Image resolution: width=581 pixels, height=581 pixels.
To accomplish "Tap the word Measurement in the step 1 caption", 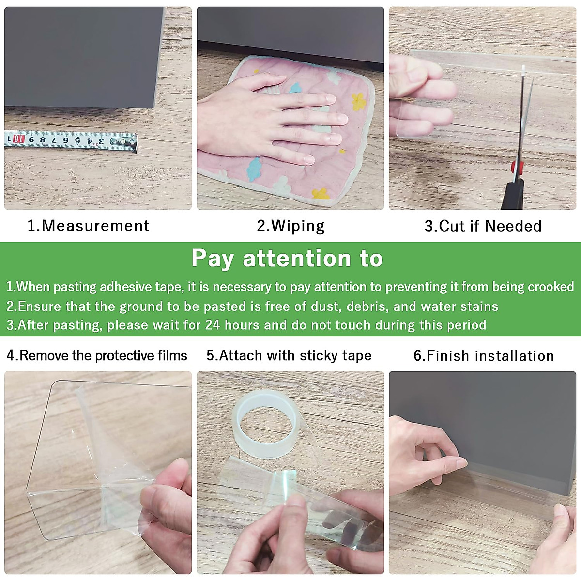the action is tap(95, 226).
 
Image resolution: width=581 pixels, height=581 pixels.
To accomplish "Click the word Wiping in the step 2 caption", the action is tap(298, 227).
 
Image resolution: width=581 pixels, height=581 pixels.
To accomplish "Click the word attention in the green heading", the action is tap(296, 259).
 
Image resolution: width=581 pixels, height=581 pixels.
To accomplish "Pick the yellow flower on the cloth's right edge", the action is tap(359, 101).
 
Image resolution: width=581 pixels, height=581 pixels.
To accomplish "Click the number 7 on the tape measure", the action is tap(54, 140).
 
